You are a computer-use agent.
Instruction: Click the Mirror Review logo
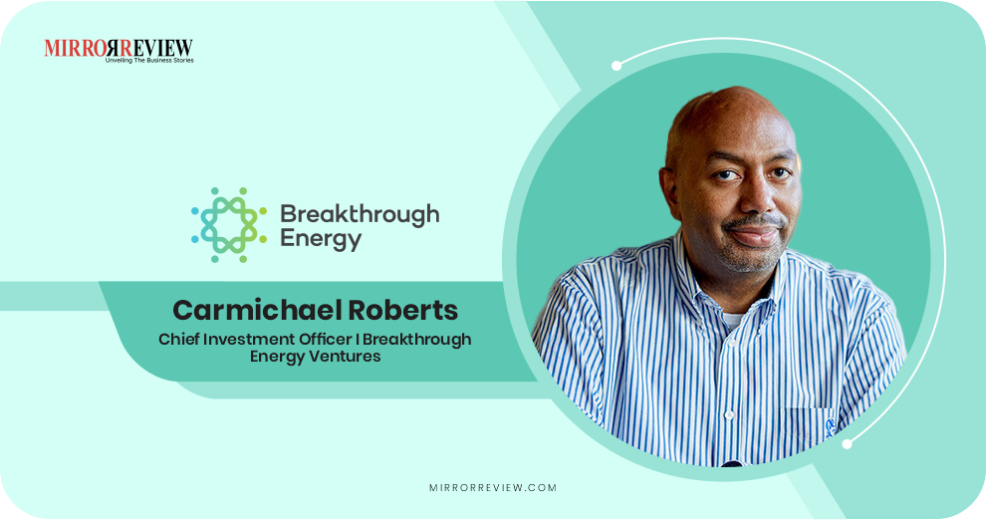(119, 48)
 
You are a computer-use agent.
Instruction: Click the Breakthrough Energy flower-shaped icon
(229, 225)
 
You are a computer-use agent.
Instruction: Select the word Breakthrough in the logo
(360, 213)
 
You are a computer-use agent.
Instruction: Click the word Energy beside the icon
(321, 239)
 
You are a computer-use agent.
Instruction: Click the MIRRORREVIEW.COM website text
(492, 488)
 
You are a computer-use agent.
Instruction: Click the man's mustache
(754, 220)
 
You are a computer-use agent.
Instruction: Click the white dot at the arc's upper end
(616, 66)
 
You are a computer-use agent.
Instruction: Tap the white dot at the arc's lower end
(847, 443)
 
